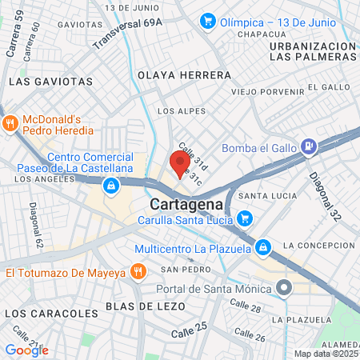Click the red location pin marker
[177, 163]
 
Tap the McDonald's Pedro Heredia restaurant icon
[10, 123]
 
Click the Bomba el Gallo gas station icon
[307, 146]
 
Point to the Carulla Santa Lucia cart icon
[245, 217]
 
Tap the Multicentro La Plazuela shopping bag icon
[262, 247]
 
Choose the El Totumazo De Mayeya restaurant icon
[138, 272]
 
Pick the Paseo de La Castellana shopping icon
[110, 186]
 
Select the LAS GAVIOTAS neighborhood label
[50, 82]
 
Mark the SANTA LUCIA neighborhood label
[274, 195]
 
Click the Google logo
[26, 350]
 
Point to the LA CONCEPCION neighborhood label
[318, 245]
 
